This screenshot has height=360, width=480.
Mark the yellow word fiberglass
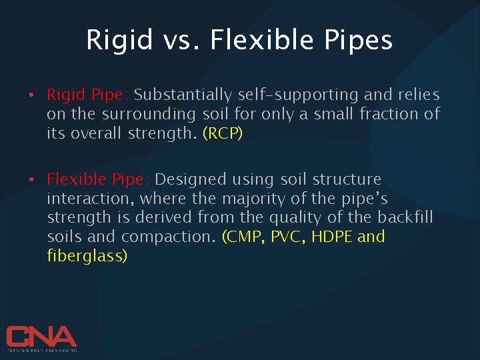click(x=87, y=256)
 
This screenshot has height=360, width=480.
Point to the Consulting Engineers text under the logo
click(x=41, y=350)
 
